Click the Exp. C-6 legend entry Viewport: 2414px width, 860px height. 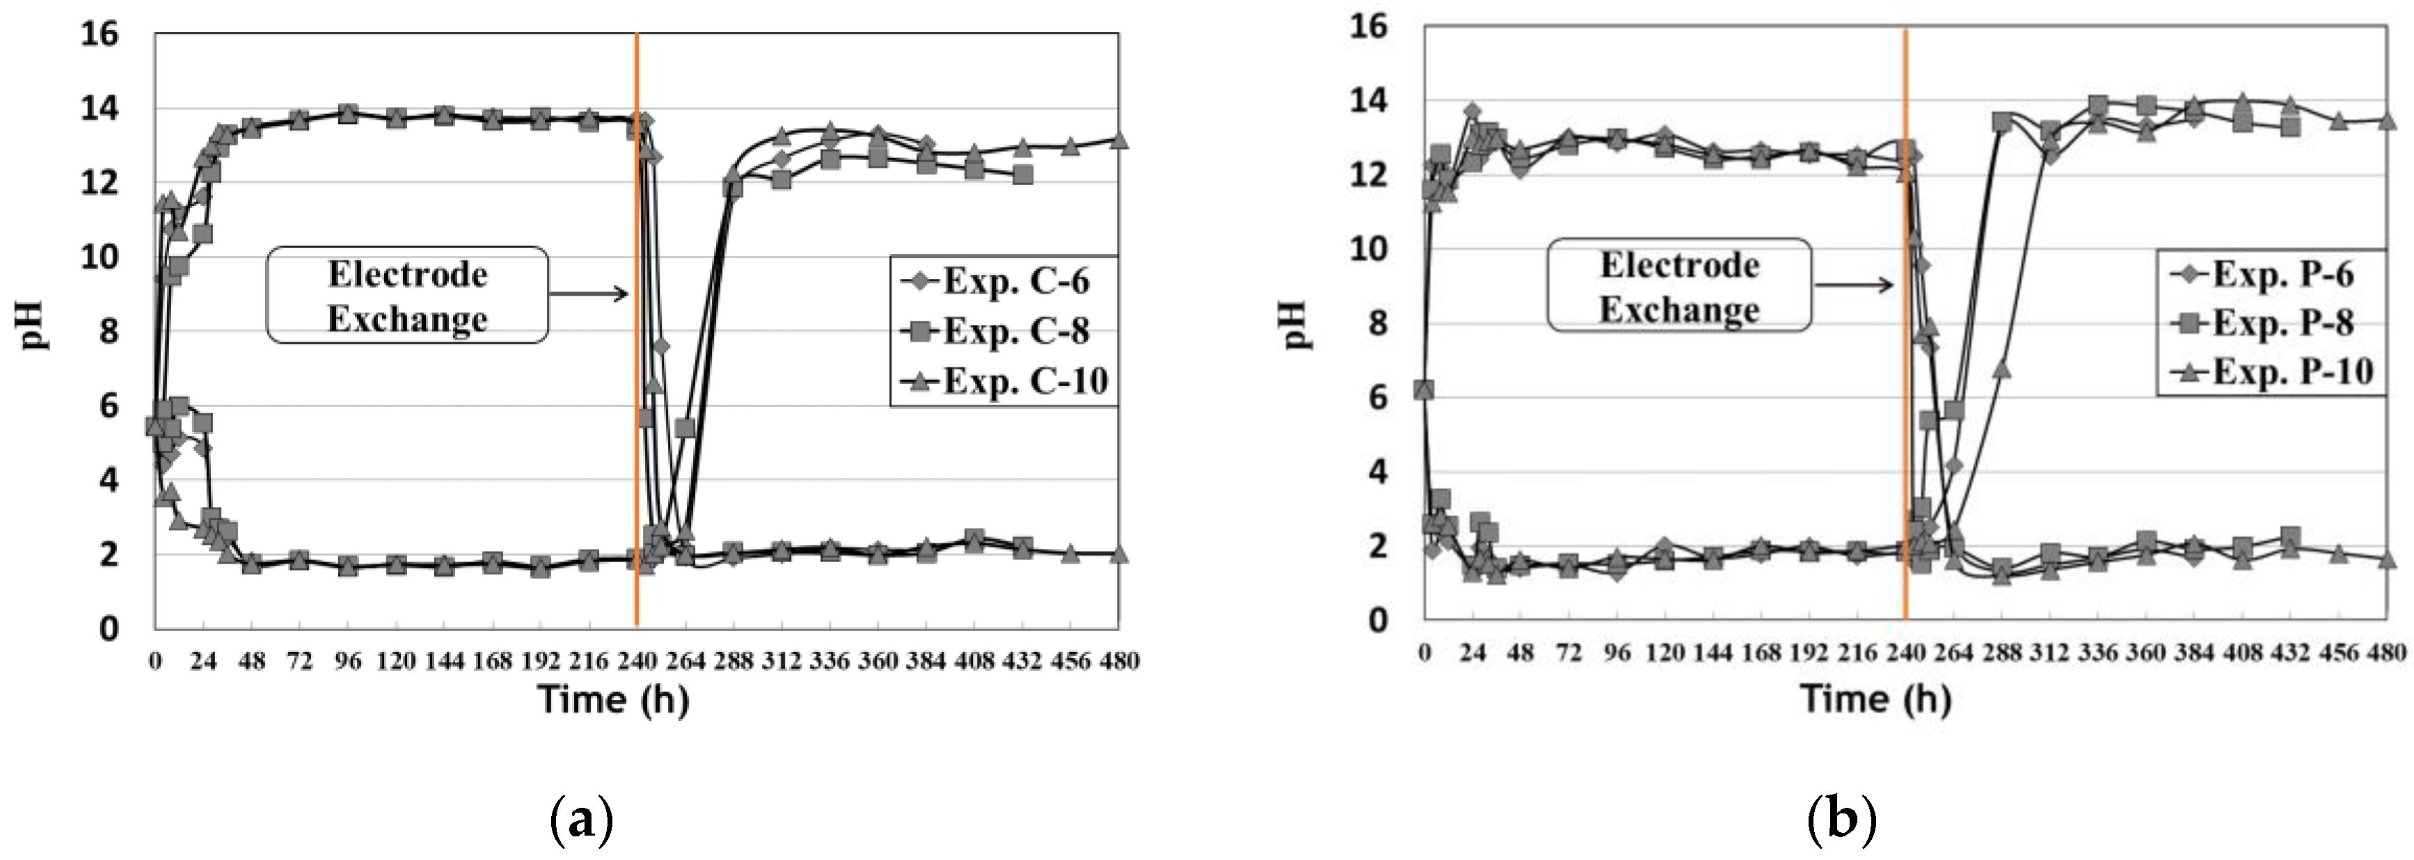[1003, 281]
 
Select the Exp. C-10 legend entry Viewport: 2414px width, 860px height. [1003, 381]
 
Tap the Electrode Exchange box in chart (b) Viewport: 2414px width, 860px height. [1678, 286]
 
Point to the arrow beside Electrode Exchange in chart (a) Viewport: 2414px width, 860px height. [589, 294]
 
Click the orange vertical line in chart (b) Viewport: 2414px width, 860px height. [1905, 375]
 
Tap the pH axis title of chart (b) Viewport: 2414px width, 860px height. [1294, 324]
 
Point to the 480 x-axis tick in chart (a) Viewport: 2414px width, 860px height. [1119, 662]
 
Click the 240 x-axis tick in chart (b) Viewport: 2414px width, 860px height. [1905, 652]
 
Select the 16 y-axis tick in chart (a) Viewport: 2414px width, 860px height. [100, 35]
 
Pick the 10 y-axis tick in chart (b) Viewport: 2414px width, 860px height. [1368, 249]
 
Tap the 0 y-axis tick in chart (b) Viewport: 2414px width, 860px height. [1378, 620]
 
